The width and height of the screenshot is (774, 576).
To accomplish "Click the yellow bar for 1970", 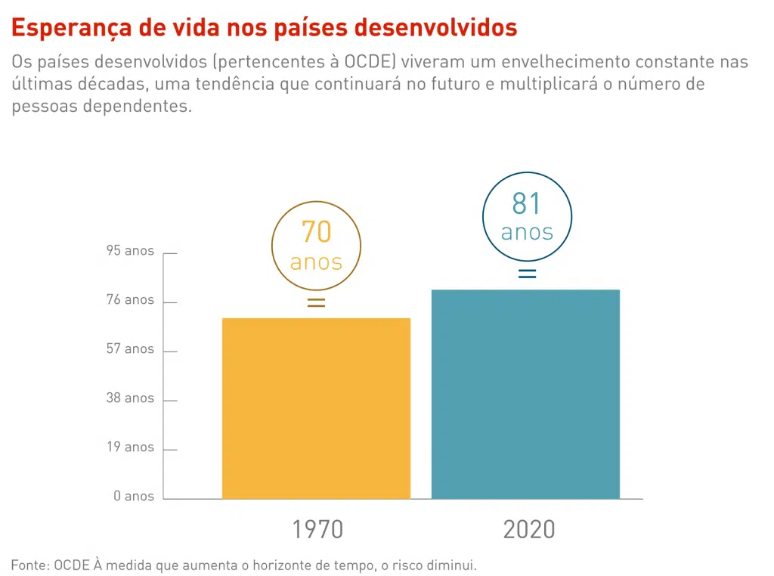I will click(x=316, y=408).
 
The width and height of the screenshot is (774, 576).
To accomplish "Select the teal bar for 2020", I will click(x=525, y=394).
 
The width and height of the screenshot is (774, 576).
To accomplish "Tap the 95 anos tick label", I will click(x=130, y=251).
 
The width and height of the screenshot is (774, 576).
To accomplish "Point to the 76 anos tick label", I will click(x=130, y=300).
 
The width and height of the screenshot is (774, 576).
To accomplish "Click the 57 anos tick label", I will click(x=130, y=349).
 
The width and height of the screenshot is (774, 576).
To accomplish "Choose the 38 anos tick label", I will click(x=130, y=398).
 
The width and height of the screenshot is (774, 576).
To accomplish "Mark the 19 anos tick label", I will click(x=130, y=447).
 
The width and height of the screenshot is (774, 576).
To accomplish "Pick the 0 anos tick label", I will click(x=134, y=497).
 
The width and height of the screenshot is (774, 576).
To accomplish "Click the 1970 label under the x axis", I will click(x=317, y=529).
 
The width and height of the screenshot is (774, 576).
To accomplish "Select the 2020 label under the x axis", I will click(x=529, y=529).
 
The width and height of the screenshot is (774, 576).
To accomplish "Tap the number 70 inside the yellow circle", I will click(x=316, y=232).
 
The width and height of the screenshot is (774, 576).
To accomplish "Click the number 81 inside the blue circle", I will click(x=527, y=204).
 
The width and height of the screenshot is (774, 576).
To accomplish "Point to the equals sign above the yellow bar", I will click(x=316, y=303).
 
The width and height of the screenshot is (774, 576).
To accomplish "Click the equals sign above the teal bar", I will click(x=527, y=274).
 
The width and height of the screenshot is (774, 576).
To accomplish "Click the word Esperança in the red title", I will click(x=69, y=28).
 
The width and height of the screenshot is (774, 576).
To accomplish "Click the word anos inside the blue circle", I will click(x=527, y=232).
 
